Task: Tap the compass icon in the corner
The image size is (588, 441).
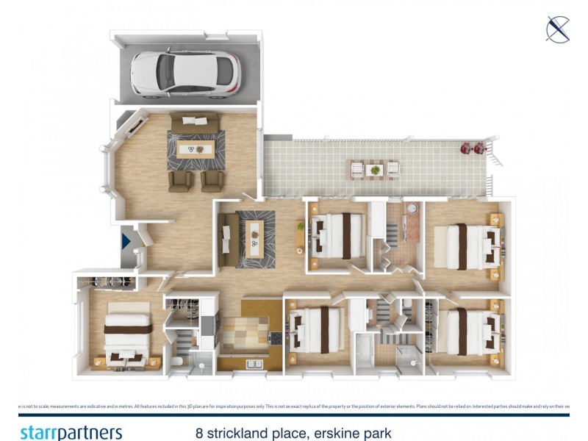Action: (x=558, y=29)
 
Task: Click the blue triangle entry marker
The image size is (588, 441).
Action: (x=126, y=240)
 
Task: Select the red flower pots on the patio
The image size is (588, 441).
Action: (x=472, y=148)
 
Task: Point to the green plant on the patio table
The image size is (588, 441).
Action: (x=375, y=170)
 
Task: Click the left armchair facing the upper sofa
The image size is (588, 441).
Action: (x=179, y=181)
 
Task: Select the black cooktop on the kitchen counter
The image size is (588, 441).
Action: (x=276, y=339)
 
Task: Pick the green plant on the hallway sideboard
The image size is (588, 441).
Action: (x=301, y=226)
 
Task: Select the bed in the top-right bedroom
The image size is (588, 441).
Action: (x=468, y=242)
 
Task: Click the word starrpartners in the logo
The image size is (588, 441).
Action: (x=71, y=432)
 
